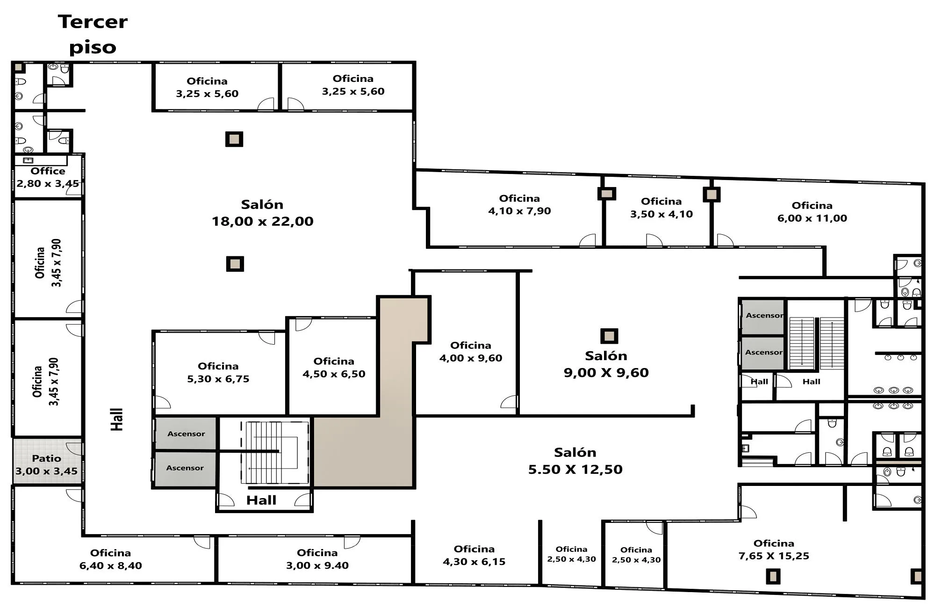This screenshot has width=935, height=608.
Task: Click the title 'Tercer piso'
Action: click(93, 35)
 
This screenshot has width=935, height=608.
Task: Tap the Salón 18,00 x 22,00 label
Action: click(262, 213)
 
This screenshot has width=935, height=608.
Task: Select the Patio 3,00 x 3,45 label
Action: click(46, 465)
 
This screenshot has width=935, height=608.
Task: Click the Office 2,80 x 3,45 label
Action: click(48, 177)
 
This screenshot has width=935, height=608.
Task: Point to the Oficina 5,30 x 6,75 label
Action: click(218, 372)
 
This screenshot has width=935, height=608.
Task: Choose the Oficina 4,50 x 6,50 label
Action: click(334, 368)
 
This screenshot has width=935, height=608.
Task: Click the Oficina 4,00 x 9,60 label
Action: click(471, 352)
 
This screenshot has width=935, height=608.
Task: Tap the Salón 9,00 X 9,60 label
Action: click(606, 364)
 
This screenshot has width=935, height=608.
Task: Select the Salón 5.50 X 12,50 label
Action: click(575, 461)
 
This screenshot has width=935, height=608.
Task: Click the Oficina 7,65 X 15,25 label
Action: click(774, 550)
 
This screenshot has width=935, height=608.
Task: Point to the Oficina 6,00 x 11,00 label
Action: click(812, 212)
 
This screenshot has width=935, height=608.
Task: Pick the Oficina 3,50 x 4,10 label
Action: click(662, 208)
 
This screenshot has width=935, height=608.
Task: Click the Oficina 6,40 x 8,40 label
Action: click(110, 559)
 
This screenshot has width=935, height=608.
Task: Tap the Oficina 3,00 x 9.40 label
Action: click(317, 559)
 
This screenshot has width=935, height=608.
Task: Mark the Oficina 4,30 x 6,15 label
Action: click(474, 555)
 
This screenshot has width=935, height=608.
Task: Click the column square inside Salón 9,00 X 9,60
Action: click(609, 336)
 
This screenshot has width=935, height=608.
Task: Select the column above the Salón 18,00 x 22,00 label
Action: click(234, 139)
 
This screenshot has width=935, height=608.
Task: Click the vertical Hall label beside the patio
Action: click(116, 419)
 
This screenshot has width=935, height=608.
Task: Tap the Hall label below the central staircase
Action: click(261, 500)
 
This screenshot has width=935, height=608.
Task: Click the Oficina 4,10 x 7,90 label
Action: click(519, 204)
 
